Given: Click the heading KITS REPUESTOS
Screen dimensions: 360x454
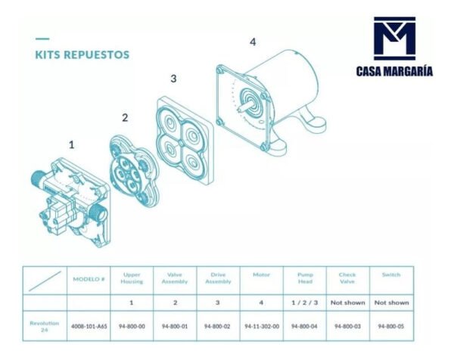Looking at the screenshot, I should [x=82, y=54].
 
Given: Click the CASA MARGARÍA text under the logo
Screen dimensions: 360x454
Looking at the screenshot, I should [x=394, y=71].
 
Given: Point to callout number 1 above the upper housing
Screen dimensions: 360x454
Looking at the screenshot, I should [x=72, y=144].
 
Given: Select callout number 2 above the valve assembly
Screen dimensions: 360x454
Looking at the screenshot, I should [x=125, y=117].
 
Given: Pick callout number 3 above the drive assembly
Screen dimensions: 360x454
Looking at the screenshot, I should [x=173, y=78].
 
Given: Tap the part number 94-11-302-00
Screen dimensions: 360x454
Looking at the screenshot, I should [x=262, y=326].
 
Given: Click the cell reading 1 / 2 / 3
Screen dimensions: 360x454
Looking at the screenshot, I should [x=305, y=303].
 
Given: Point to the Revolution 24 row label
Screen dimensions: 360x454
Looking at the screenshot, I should [x=45, y=326].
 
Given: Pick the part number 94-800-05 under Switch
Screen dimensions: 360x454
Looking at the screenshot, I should [x=391, y=326].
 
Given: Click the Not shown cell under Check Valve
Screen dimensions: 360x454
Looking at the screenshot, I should [x=348, y=303].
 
